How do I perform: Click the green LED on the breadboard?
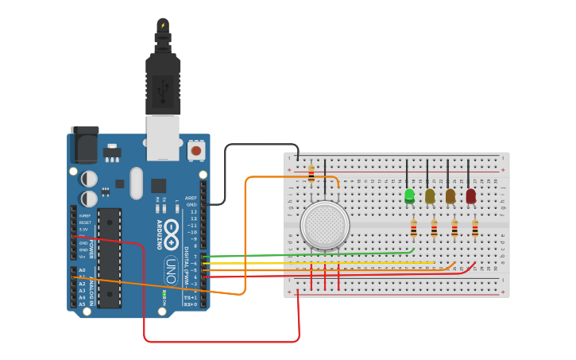click(x=409, y=195)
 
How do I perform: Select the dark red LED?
click(x=470, y=195)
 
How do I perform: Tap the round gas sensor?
click(x=323, y=224)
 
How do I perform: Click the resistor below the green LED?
click(x=413, y=229)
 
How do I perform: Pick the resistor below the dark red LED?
click(x=474, y=229)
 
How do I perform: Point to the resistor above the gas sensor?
click(x=311, y=173)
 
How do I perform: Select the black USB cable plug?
click(x=163, y=83)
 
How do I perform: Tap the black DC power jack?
click(x=85, y=145)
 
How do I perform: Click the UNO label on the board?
click(x=170, y=271)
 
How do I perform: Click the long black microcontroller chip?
click(x=110, y=257)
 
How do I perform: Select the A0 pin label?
click(x=82, y=270)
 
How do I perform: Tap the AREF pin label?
click(x=191, y=198)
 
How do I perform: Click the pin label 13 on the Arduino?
click(x=192, y=211)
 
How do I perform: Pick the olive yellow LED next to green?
click(x=430, y=195)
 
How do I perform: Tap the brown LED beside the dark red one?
click(x=450, y=195)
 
